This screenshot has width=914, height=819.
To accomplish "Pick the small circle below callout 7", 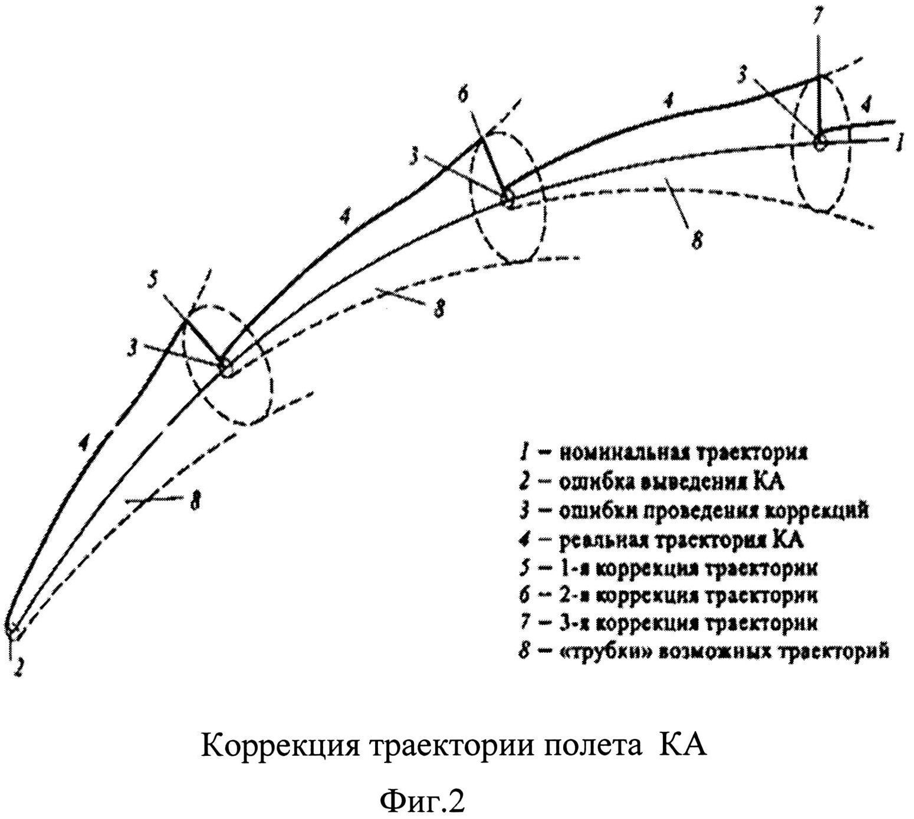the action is (819, 142).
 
